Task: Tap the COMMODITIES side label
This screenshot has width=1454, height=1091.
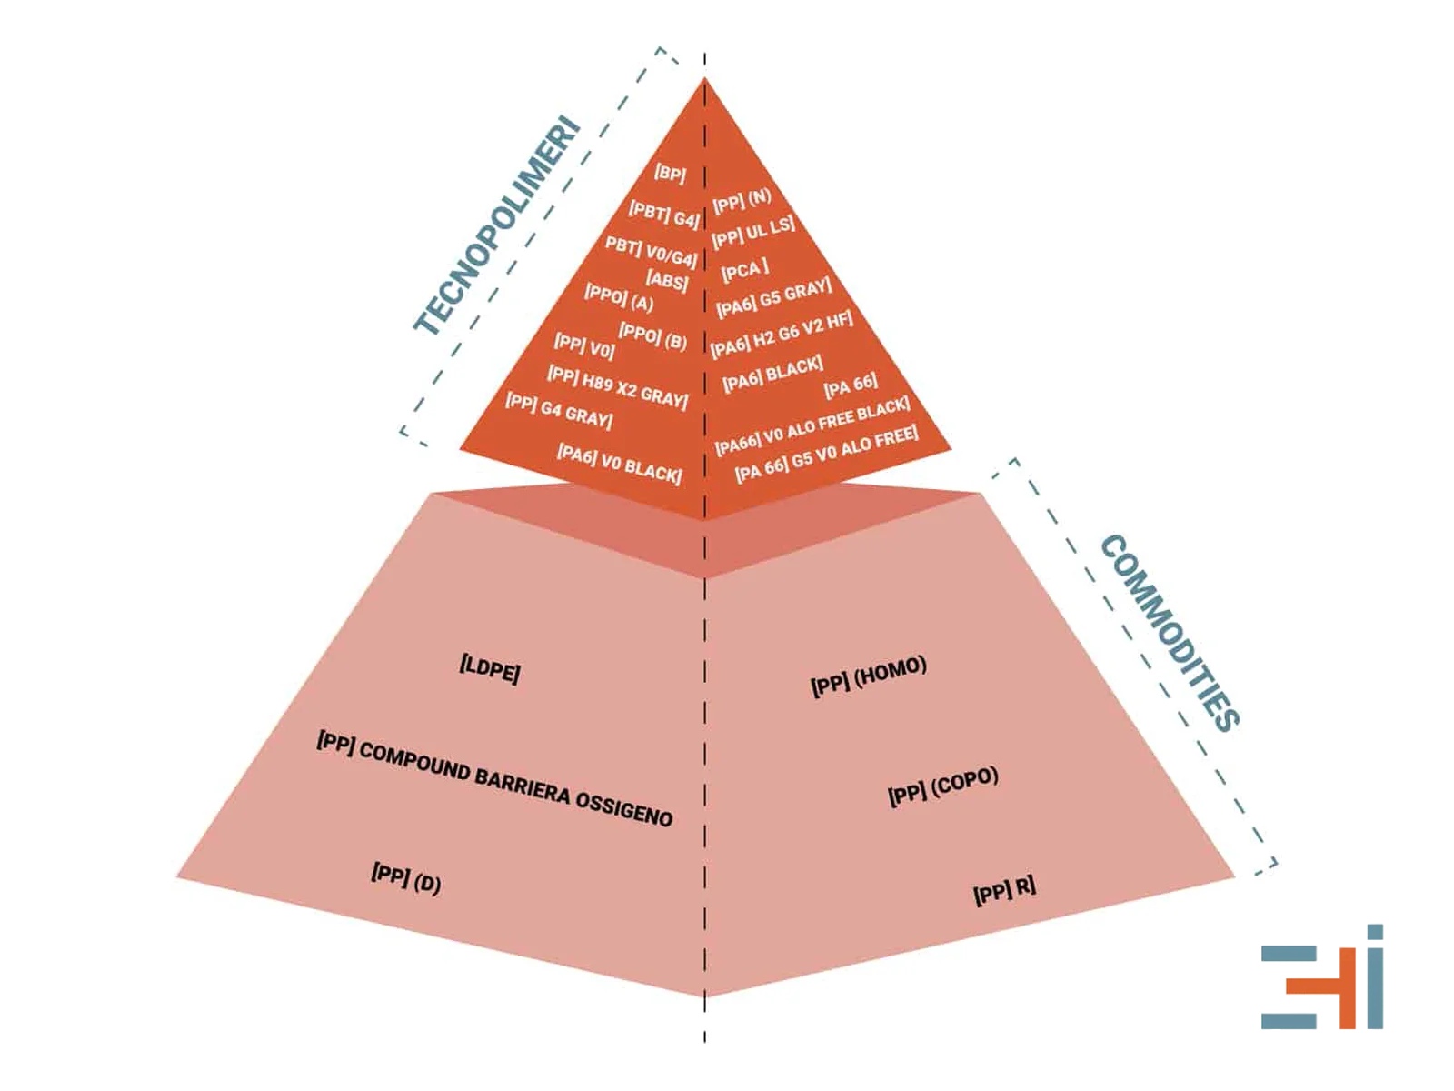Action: (1170, 634)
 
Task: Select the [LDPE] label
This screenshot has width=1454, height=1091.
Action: (490, 670)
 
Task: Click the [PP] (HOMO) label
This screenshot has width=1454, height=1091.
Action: (869, 676)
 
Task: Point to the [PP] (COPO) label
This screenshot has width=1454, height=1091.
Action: (943, 787)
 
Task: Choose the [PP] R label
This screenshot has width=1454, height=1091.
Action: (1004, 890)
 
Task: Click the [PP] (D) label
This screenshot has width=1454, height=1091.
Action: (406, 878)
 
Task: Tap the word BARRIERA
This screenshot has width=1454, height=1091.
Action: (523, 788)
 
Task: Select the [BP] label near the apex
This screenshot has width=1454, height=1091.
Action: (670, 174)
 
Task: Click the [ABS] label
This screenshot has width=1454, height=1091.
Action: (667, 280)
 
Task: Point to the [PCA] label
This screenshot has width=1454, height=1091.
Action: (745, 269)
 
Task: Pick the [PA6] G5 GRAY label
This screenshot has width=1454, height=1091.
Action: (773, 298)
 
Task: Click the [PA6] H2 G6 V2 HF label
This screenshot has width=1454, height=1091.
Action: (782, 335)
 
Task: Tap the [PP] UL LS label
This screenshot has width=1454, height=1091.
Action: (753, 232)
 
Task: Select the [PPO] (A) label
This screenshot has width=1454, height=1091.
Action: (620, 296)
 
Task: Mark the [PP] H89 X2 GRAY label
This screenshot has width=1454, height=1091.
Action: (617, 386)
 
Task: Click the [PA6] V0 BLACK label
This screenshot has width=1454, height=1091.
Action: (620, 464)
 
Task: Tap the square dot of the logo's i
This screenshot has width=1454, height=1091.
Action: (1375, 932)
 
